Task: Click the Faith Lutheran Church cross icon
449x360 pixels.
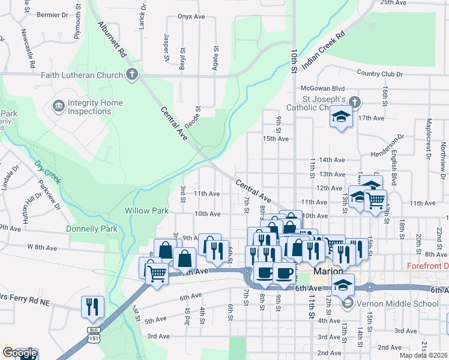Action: pos(131,75)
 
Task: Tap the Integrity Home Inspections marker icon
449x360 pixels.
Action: pos(59,107)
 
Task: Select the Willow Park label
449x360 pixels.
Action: pos(143,211)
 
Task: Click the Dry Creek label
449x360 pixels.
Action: pos(47,172)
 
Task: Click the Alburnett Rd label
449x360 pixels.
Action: pos(113,40)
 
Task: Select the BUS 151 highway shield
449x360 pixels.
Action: pos(92,334)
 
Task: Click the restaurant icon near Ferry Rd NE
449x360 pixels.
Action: pos(92,307)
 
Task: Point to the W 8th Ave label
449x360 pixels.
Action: pos(41,247)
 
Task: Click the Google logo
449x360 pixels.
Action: pos(19,353)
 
